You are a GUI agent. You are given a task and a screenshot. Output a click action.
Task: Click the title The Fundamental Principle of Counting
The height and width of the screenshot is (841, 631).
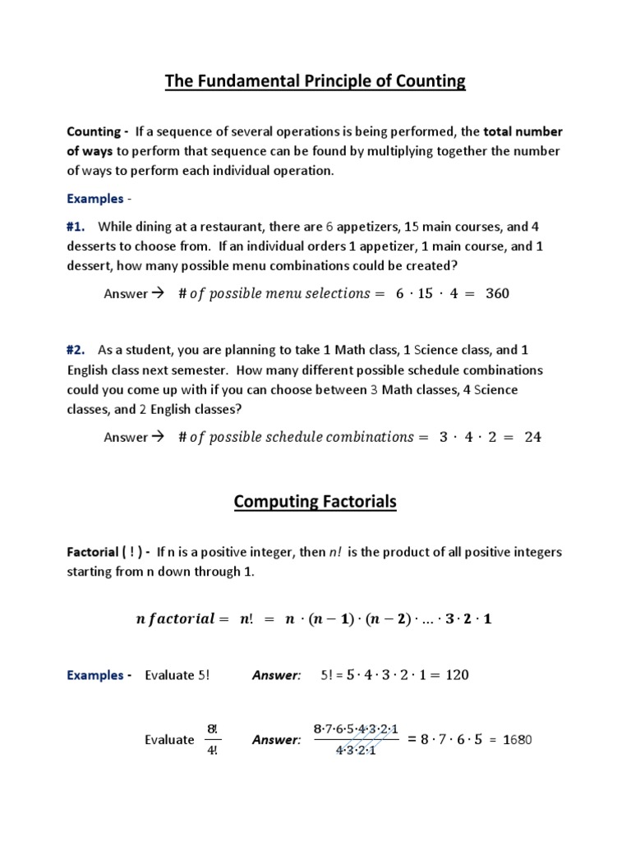point(315,80)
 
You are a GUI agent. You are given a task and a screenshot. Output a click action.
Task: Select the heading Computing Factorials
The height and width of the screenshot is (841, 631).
point(315,501)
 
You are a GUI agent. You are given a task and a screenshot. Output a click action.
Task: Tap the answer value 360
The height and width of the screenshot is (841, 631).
point(496,293)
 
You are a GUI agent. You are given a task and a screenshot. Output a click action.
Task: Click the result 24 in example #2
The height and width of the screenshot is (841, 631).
point(532,437)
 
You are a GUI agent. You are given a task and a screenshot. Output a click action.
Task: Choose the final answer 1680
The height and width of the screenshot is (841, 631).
point(517,740)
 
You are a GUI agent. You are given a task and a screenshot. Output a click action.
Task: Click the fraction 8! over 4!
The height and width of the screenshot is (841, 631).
point(211,739)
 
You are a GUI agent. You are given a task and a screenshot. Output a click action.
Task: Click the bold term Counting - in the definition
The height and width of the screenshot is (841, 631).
point(97,131)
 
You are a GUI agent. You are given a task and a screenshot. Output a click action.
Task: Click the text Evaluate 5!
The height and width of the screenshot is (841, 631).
point(177,675)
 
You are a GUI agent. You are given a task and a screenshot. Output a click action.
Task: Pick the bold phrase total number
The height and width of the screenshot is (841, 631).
point(523,131)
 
